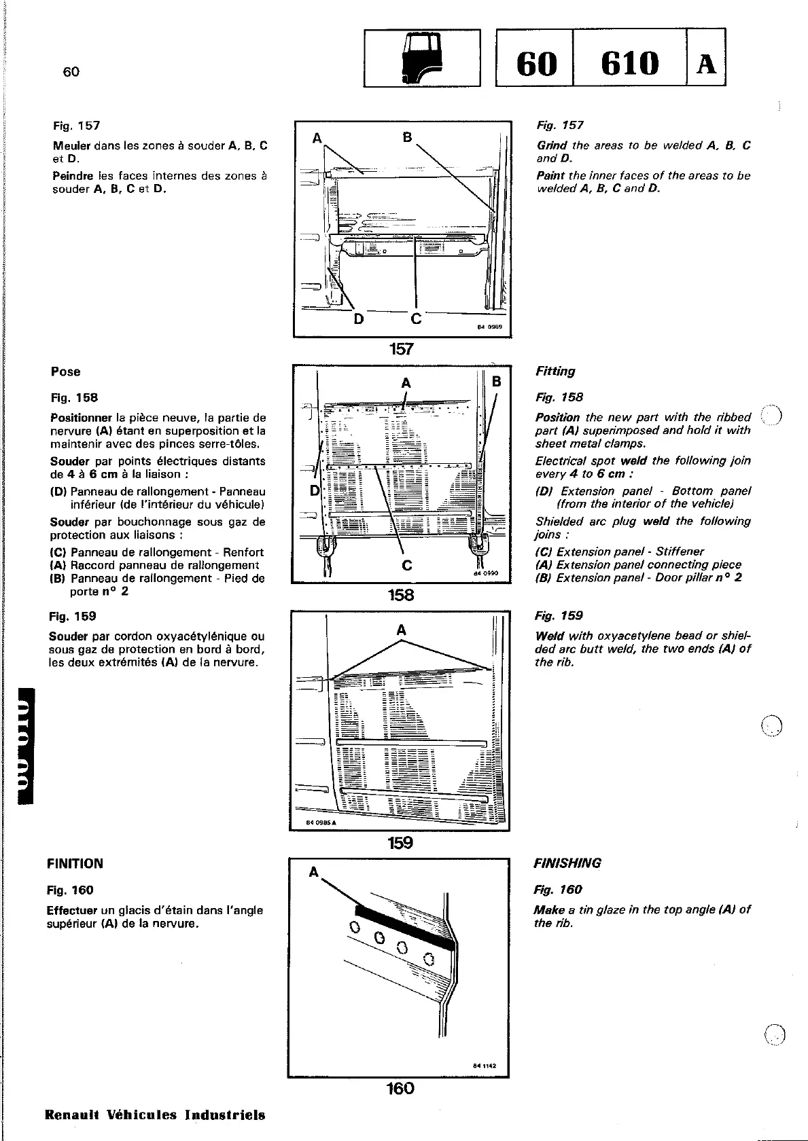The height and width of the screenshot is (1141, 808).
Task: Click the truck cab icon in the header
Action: point(422,59)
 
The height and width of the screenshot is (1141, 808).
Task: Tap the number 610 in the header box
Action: point(629,63)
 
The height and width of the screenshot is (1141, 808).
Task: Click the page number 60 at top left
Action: point(71,72)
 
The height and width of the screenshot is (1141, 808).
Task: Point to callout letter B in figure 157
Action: point(407,137)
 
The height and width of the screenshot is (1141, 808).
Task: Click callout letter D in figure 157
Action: point(358,319)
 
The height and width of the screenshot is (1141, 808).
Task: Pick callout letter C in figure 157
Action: point(417,319)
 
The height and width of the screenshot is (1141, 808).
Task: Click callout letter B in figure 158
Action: point(496,382)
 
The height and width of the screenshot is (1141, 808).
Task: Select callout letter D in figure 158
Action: point(315,490)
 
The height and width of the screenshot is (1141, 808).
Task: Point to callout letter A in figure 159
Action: point(402,631)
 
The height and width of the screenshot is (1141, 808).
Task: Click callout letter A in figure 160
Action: point(314,873)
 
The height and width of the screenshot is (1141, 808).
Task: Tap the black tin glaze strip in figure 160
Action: point(404,926)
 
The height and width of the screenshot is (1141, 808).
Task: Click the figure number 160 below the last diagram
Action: point(400,1089)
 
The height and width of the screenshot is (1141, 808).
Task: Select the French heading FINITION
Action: point(75,864)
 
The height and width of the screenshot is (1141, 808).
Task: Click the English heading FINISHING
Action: point(568,863)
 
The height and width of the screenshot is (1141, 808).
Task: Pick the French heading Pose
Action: point(65,372)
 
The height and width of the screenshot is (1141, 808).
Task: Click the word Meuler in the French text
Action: point(72,145)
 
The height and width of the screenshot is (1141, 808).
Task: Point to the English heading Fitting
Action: point(555,371)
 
